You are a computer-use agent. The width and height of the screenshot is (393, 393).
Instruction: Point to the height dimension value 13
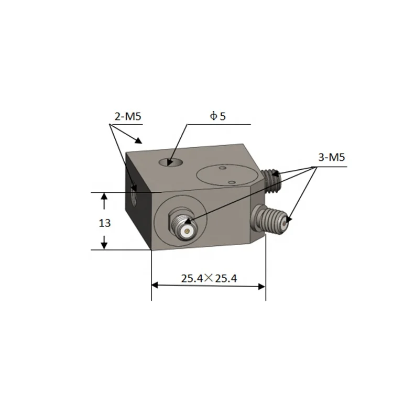(104, 223)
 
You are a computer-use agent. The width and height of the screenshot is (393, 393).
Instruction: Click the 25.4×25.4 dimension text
(209, 278)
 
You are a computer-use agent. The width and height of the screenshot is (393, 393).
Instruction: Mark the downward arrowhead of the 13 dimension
(104, 244)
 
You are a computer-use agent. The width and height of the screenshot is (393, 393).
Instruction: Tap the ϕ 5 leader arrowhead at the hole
(171, 162)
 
